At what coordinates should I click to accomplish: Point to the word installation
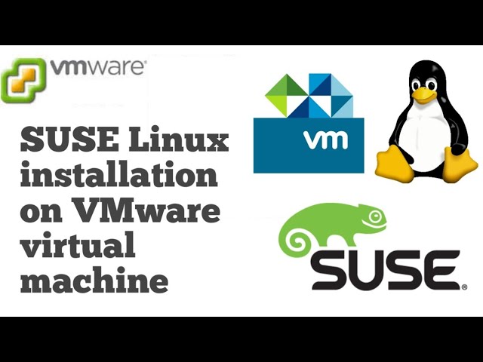(119, 177)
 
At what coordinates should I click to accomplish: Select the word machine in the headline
(94, 282)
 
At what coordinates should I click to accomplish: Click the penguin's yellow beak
(425, 95)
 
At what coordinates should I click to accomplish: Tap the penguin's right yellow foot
(459, 161)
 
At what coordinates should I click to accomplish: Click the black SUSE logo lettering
(385, 270)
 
